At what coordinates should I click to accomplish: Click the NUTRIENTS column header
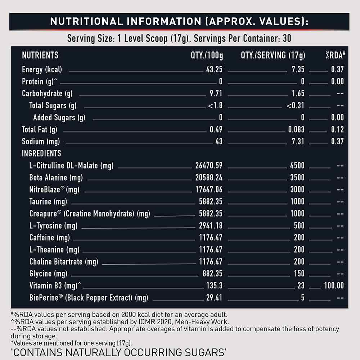(40, 55)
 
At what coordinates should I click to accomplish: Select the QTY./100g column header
(207, 55)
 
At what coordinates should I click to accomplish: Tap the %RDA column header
(335, 55)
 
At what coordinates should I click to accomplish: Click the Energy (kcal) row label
(42, 69)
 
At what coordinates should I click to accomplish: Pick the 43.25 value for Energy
(214, 69)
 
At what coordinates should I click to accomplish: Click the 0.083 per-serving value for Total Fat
(296, 130)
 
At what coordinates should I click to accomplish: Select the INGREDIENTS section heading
(41, 153)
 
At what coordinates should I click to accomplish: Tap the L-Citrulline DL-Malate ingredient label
(71, 166)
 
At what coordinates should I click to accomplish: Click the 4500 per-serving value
(297, 166)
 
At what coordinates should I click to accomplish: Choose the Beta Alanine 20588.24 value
(209, 177)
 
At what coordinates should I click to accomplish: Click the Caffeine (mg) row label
(50, 238)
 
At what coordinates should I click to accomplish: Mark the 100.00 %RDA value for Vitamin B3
(334, 285)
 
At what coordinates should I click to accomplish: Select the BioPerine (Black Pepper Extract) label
(89, 298)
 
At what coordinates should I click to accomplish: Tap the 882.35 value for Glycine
(212, 274)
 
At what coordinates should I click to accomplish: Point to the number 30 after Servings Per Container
(287, 39)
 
